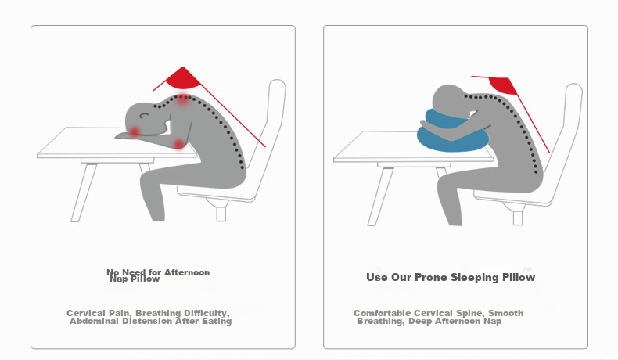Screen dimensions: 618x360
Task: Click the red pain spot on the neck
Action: (x=182, y=99)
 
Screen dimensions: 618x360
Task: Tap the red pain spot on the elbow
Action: (x=179, y=144)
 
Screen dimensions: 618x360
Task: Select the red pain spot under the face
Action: (x=135, y=131)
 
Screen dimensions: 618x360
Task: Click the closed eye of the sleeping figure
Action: (x=145, y=116)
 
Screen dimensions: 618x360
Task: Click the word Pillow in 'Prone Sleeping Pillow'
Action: (x=519, y=277)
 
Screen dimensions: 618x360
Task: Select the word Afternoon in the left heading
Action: (x=187, y=272)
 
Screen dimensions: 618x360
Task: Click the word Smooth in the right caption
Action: (x=505, y=313)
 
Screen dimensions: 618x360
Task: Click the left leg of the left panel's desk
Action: (x=84, y=193)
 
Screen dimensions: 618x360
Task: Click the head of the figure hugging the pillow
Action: (x=449, y=100)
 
